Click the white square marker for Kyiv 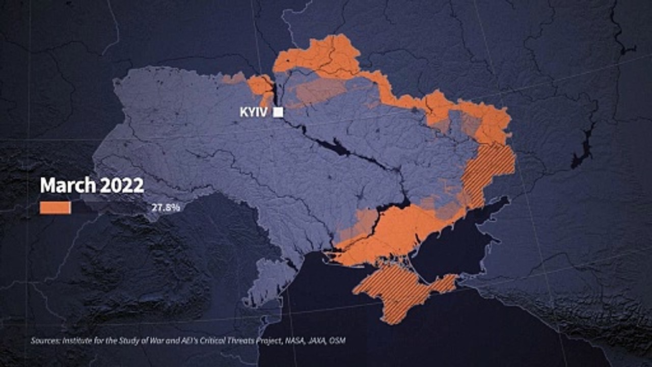[278, 113]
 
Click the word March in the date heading [68, 186]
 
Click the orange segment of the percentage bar [55, 207]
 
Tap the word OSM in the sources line [337, 340]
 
